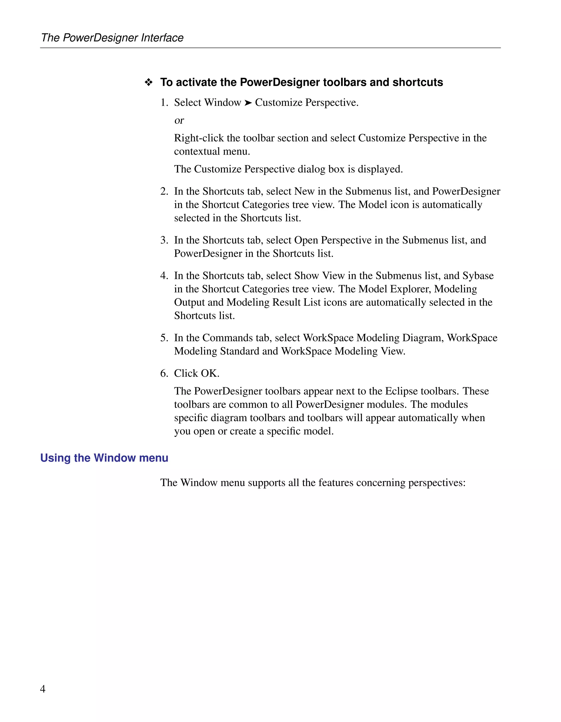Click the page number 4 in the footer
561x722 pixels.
click(x=42, y=689)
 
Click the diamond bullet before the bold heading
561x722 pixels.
click(x=148, y=82)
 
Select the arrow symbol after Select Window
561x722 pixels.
click(x=248, y=103)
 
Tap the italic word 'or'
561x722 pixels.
click(x=179, y=120)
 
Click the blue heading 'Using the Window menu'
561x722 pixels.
click(x=104, y=458)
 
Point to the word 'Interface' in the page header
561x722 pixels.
click(x=162, y=38)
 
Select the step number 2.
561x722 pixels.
click(x=164, y=191)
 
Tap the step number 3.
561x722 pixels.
click(x=164, y=240)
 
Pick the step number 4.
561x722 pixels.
click(x=164, y=276)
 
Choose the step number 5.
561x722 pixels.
click(x=164, y=338)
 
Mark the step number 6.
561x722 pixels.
click(x=164, y=373)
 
